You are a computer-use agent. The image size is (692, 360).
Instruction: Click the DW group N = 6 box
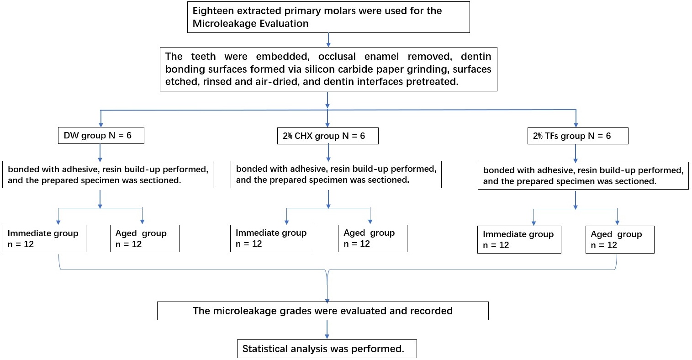click(x=101, y=135)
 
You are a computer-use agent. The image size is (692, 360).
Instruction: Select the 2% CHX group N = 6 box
click(x=328, y=136)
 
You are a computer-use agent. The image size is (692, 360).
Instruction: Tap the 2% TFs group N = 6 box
click(x=578, y=136)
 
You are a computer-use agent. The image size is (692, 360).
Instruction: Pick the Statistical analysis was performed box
click(x=327, y=349)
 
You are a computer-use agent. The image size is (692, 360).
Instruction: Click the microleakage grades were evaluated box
click(x=323, y=311)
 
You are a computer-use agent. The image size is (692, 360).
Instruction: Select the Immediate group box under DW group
click(x=44, y=238)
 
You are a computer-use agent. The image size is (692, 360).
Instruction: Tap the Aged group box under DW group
click(x=145, y=238)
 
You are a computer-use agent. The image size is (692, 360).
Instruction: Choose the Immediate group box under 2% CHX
click(x=272, y=238)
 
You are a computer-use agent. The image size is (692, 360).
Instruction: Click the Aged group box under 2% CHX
click(x=373, y=238)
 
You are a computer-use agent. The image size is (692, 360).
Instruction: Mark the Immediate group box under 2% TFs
click(x=519, y=240)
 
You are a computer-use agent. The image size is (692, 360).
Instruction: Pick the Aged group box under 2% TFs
click(x=620, y=240)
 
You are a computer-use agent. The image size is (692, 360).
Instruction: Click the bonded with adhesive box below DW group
click(x=108, y=175)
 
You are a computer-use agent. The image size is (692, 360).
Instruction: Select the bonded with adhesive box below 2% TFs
click(x=583, y=175)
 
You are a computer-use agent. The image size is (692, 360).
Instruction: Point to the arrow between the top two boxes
click(x=328, y=40)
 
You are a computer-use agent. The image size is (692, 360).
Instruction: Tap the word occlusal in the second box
click(x=337, y=57)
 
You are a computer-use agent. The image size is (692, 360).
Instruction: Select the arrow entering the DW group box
click(x=100, y=118)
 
